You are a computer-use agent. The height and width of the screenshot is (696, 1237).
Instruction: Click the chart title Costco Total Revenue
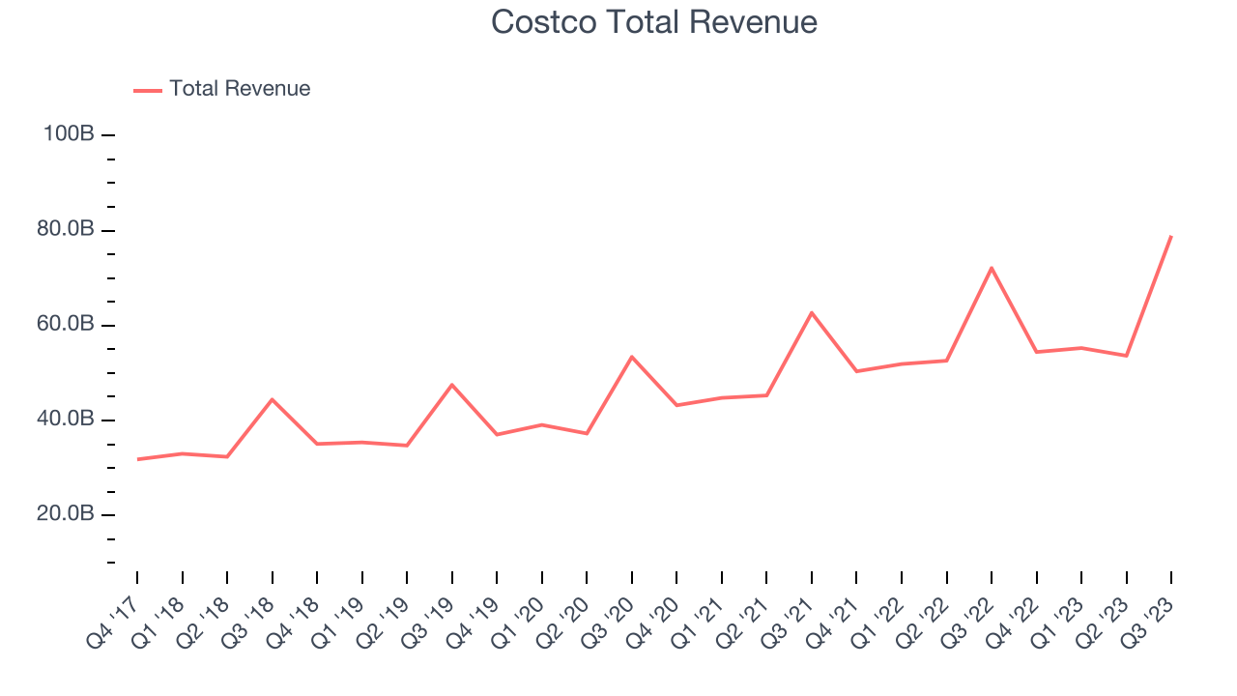click(x=654, y=21)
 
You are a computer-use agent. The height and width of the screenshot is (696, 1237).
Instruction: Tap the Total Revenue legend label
click(x=240, y=89)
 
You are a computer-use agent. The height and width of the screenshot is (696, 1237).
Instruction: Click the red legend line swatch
click(x=148, y=90)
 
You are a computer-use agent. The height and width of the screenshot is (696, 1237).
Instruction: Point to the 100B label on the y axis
click(x=69, y=134)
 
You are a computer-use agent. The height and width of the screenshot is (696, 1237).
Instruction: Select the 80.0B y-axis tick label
click(x=67, y=230)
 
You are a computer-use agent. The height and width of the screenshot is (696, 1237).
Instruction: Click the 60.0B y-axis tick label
click(x=67, y=325)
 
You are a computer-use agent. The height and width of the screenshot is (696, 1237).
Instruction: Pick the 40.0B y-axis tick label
click(x=67, y=420)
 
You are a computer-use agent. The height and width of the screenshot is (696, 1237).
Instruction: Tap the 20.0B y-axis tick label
click(x=67, y=514)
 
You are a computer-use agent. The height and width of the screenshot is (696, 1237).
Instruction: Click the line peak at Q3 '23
click(x=1171, y=236)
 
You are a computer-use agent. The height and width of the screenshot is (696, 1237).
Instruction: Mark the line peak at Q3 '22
click(x=992, y=268)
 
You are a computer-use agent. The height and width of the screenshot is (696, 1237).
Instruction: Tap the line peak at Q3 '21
click(x=812, y=312)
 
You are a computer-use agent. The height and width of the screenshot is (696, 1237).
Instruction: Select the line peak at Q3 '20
click(x=632, y=357)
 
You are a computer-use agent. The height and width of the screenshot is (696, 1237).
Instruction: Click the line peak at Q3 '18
click(x=272, y=399)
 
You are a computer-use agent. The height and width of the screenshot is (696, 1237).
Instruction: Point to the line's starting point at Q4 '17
click(x=137, y=459)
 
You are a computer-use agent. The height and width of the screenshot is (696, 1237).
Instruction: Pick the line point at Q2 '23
click(x=1127, y=356)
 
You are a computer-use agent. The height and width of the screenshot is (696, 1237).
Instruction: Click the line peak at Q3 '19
click(x=451, y=385)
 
